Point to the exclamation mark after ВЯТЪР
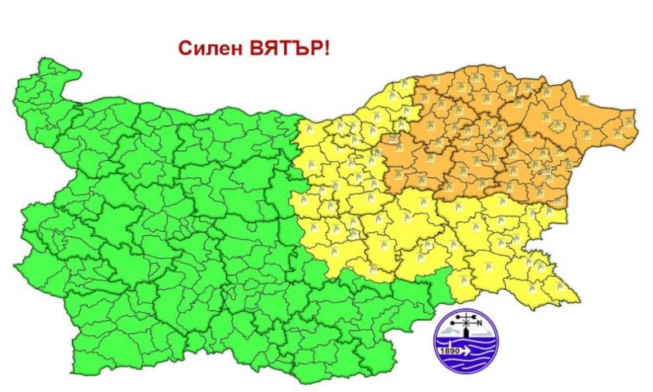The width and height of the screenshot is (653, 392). point(327,48)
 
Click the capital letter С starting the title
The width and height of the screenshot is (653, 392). point(185,48)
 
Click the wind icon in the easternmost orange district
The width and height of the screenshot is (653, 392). point(629,122)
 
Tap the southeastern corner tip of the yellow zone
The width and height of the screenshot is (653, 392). point(578,299)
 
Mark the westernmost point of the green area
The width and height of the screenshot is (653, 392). point(16,265)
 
